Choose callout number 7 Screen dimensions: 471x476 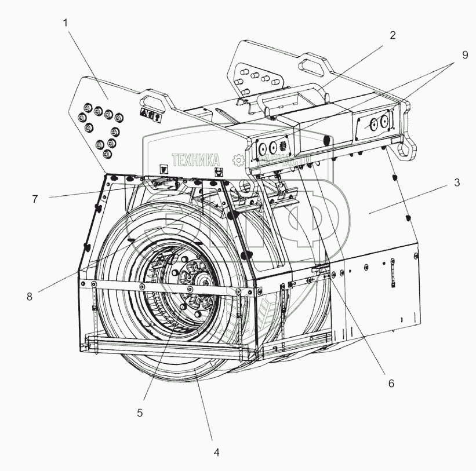click(x=35, y=199)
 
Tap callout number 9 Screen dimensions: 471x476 click(x=465, y=56)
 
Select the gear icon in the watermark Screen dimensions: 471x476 click(x=238, y=160)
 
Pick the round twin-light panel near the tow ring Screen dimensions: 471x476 click(x=376, y=123)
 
